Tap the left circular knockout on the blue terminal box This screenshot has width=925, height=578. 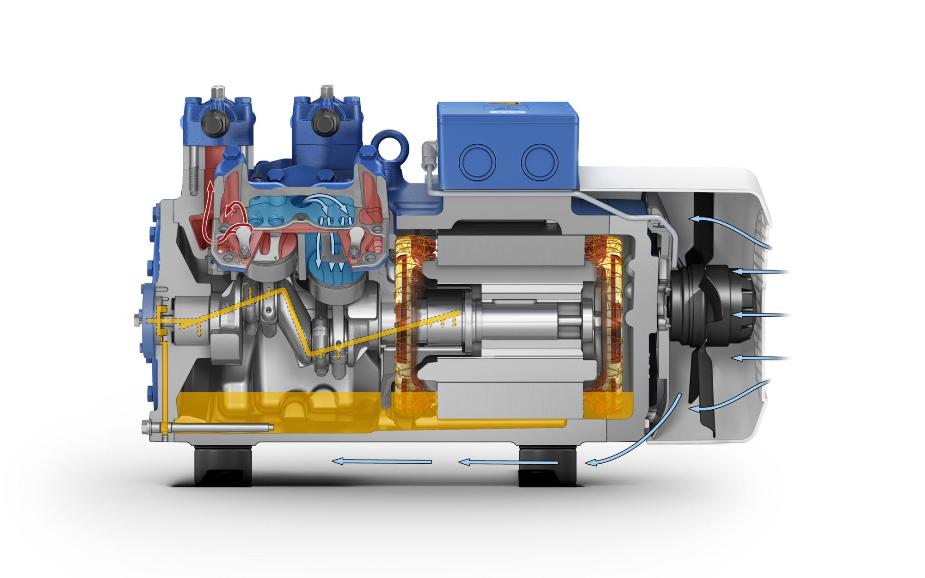coord(477,162)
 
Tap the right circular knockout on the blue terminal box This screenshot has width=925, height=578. coord(539,162)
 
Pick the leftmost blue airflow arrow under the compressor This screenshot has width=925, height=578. coord(382,461)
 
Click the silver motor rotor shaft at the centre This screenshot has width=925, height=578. coord(523,319)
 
